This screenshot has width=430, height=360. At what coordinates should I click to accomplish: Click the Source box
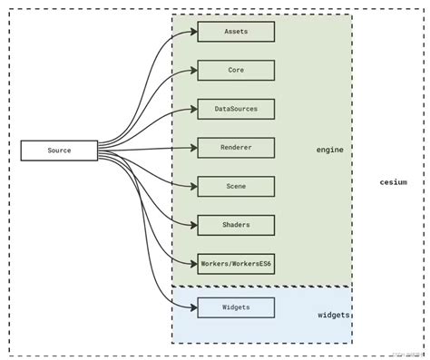tap(59, 151)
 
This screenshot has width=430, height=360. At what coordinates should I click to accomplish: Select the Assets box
tap(236, 32)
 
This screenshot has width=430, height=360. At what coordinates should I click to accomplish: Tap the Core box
tap(236, 70)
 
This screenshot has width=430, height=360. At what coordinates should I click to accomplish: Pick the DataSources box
tap(236, 109)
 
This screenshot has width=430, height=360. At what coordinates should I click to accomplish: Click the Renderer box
tap(236, 147)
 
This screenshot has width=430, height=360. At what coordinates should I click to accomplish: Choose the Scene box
tap(236, 186)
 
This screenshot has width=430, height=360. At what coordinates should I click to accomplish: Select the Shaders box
tap(236, 225)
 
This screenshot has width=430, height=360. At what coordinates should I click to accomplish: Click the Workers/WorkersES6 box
tap(236, 263)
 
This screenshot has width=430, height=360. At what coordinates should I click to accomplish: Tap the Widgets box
tap(236, 307)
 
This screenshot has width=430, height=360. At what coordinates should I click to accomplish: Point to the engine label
tap(329, 150)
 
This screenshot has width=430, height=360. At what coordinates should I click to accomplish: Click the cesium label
tap(393, 182)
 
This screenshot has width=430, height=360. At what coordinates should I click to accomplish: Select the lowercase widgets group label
tap(334, 316)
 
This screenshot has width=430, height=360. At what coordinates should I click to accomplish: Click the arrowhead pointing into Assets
tap(193, 33)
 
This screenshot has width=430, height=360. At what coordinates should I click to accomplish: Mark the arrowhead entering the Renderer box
tap(193, 147)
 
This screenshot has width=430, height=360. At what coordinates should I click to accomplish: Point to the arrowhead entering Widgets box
tap(193, 307)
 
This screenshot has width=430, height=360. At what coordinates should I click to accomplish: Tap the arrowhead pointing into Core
tap(193, 71)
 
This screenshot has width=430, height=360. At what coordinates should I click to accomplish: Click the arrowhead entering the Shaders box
tap(193, 225)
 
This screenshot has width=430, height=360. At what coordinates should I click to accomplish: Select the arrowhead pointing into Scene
tap(193, 186)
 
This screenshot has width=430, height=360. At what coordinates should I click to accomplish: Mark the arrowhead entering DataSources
tap(193, 109)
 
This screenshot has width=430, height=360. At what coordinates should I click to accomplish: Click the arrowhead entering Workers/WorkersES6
tap(193, 263)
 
